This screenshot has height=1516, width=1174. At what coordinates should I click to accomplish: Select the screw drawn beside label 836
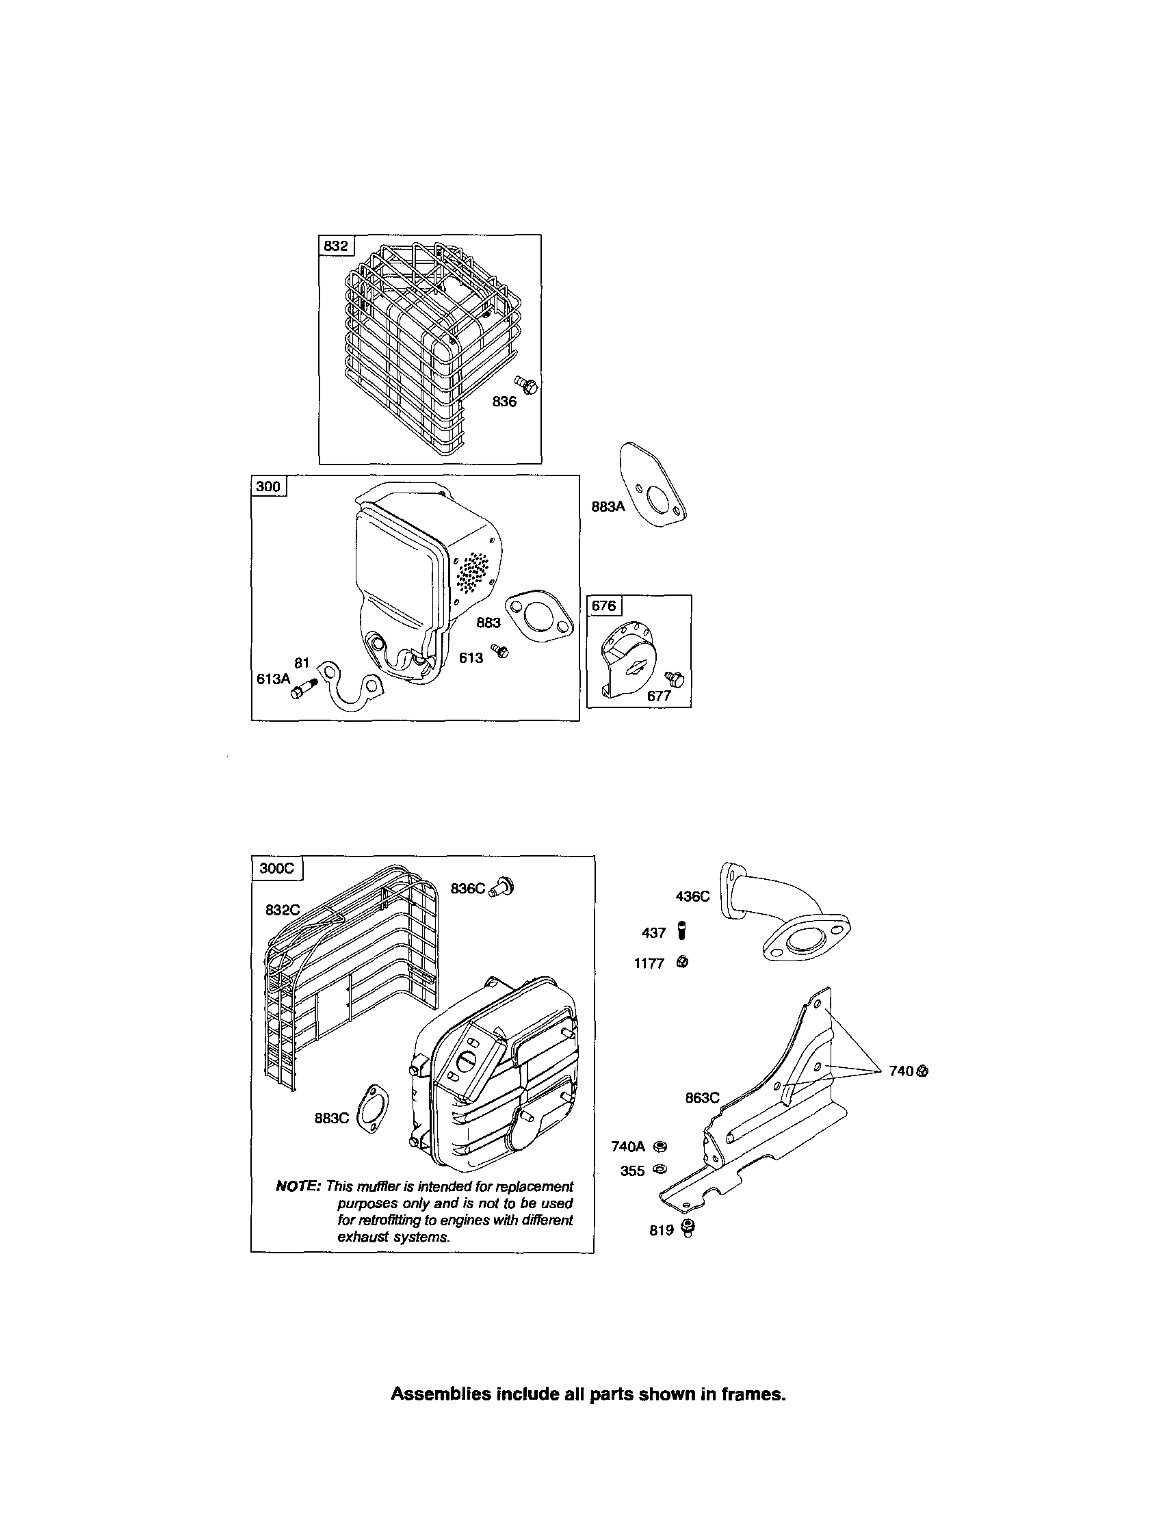tap(527, 384)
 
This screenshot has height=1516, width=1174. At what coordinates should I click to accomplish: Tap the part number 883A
tap(608, 507)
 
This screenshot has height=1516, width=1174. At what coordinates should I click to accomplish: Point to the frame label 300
tap(268, 486)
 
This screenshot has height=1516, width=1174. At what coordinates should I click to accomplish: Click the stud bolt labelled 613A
tap(304, 690)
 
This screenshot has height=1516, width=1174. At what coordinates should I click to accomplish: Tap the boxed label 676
tap(603, 606)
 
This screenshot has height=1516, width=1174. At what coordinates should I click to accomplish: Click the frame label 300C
tap(276, 868)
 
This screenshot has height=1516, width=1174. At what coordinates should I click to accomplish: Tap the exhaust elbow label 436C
tap(692, 896)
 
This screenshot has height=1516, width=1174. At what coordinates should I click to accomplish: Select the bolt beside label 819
tap(688, 1228)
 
